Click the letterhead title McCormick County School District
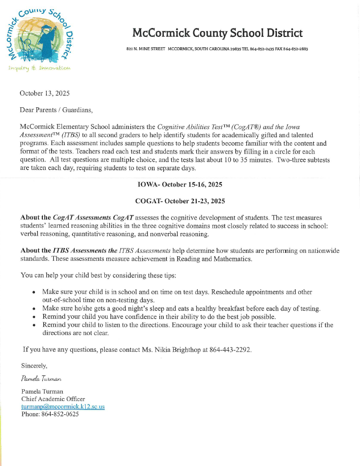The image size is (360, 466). point(217,33)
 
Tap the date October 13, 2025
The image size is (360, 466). point(44,93)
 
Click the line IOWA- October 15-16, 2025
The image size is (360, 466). point(180,185)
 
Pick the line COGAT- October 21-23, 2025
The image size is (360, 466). point(180,201)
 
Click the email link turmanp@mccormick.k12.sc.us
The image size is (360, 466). point(63,407)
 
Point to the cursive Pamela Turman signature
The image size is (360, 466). point(41,379)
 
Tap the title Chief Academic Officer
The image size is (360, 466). point(53,399)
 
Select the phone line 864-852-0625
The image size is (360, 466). point(50,414)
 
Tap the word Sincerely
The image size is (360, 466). point(34,366)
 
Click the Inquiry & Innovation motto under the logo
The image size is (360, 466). point(39,68)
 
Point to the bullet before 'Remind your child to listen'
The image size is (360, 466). point(33,325)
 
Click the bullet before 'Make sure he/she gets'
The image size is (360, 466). point(33,309)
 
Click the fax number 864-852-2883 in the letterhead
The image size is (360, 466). point(295,49)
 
